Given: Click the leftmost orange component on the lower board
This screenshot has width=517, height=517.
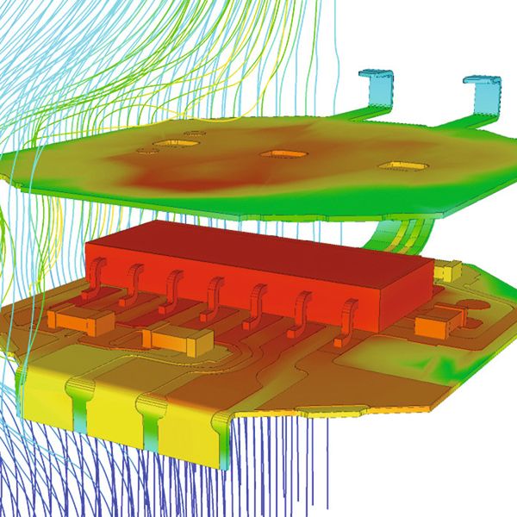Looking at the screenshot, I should (80, 320).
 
